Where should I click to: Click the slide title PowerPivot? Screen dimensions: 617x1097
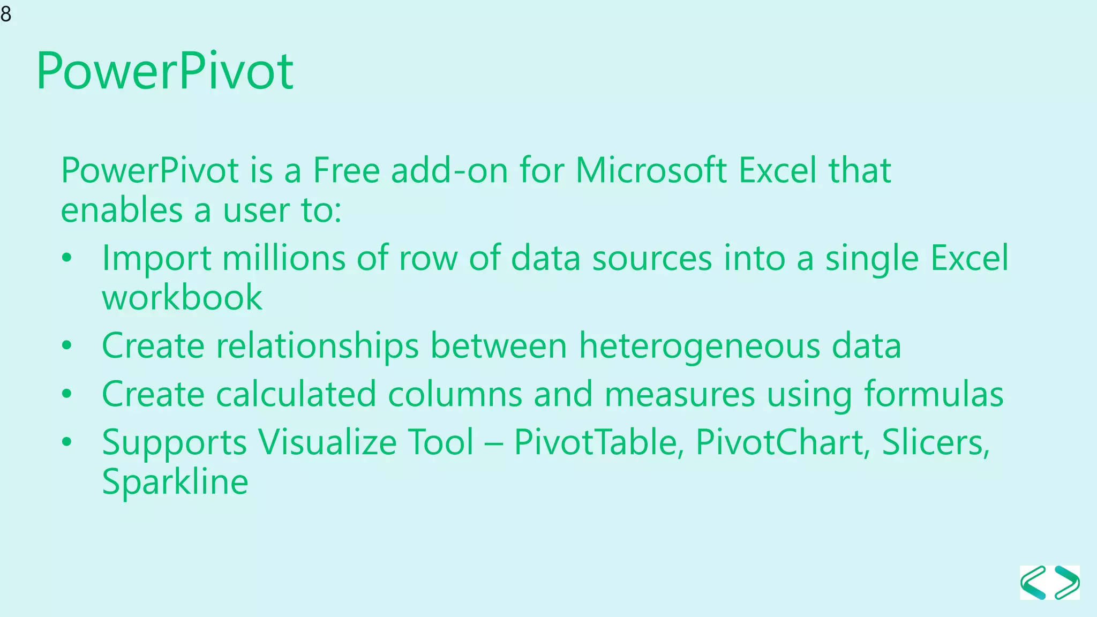pos(164,71)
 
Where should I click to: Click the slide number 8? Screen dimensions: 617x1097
pos(6,14)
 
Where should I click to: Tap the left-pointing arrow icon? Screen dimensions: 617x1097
pos(1033,583)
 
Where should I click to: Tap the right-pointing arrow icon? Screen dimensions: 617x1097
pos(1067,583)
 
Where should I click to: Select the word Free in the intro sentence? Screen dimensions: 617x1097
pos(346,170)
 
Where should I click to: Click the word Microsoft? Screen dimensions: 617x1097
pos(650,170)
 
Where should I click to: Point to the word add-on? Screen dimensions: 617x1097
pos(449,170)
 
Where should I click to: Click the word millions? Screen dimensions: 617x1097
pos(283,258)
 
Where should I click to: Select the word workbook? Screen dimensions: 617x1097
pos(182,298)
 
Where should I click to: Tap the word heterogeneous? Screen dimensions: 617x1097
pos(699,346)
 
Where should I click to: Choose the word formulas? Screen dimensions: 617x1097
pos(934,394)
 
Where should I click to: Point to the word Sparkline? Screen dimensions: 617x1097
pos(175,482)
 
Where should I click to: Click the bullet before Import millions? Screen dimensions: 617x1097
pos(66,258)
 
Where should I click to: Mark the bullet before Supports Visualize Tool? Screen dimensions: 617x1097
pos(66,442)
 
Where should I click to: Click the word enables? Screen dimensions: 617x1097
pos(122,210)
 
